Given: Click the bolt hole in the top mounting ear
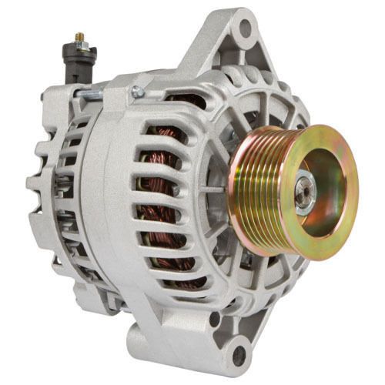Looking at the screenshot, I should [x=245, y=30].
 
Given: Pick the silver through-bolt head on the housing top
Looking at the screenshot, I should [x=138, y=92].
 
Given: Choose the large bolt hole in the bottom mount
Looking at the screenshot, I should [x=238, y=355].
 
